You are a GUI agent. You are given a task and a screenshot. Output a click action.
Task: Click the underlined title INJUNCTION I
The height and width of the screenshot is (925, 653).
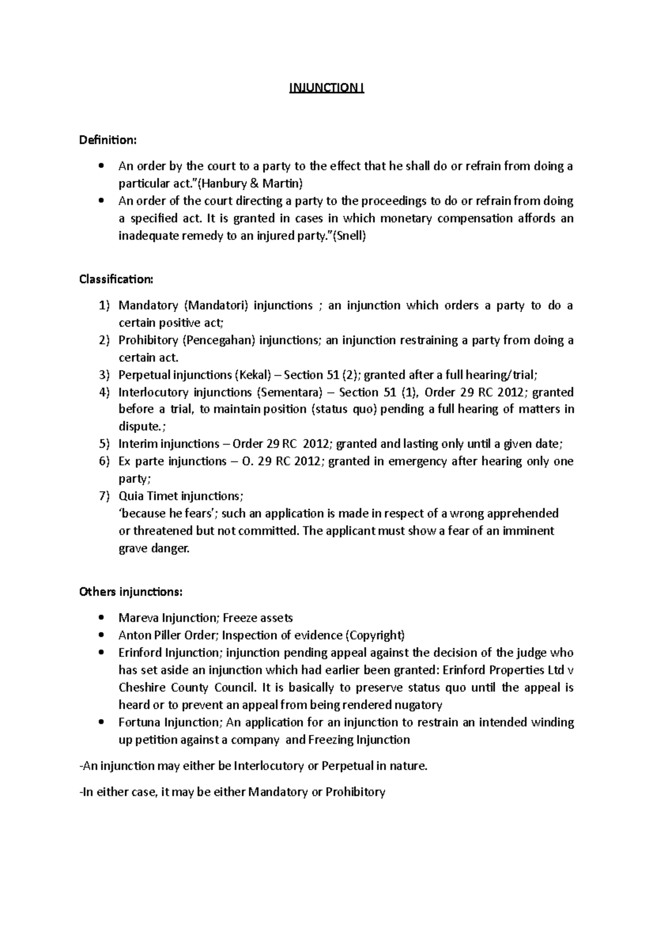(x=326, y=88)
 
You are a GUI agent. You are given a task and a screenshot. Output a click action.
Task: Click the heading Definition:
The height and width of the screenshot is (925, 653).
(x=108, y=140)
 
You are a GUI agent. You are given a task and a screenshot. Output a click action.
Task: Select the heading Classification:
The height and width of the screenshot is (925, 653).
(x=116, y=279)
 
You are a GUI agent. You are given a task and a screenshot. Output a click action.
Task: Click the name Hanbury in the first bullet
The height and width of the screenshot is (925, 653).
(x=217, y=184)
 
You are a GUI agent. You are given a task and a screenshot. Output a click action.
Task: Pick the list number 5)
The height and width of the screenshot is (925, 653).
(x=105, y=444)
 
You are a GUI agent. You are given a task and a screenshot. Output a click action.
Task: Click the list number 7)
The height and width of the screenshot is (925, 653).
(x=105, y=496)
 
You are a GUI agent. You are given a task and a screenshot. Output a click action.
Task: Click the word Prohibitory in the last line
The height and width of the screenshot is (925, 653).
(x=355, y=792)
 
